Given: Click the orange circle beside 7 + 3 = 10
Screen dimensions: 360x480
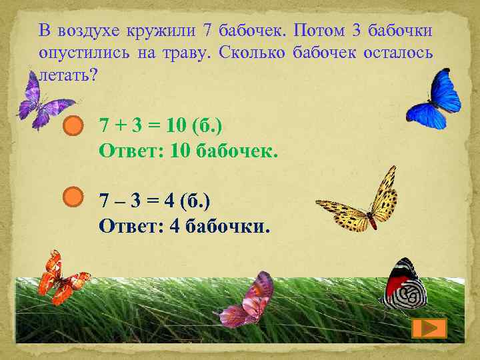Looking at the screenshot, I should coord(73,125).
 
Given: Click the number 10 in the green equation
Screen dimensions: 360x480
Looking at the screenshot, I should coord(174,125).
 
